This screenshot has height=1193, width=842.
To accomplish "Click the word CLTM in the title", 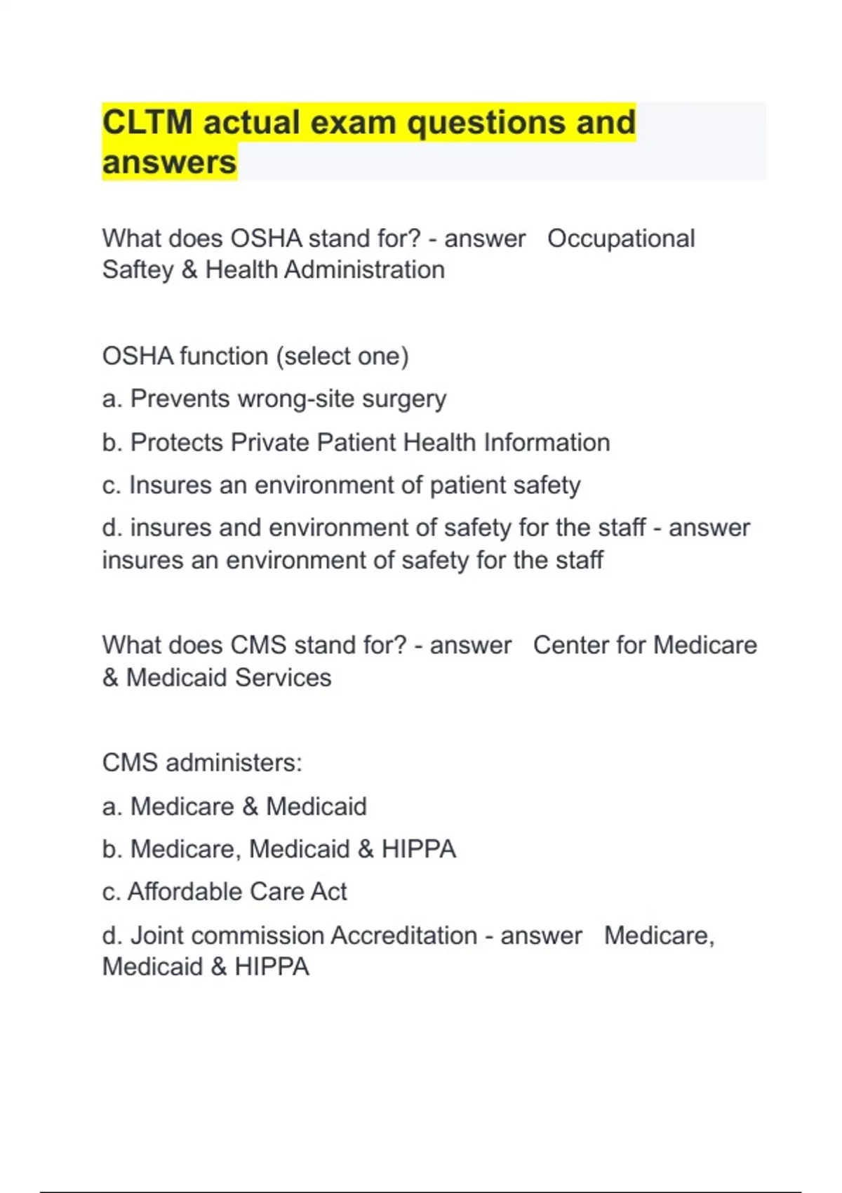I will click(x=147, y=123).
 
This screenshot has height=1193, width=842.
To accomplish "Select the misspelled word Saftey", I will click(x=138, y=270).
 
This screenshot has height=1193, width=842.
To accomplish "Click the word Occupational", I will click(x=621, y=239).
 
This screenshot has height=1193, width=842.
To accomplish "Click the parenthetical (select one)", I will click(x=342, y=356).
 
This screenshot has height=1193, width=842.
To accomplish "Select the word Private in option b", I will click(x=269, y=443).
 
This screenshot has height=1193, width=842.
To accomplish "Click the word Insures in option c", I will click(x=171, y=486).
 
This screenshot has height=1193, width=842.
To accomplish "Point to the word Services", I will click(x=283, y=678).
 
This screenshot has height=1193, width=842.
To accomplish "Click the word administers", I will click(x=234, y=763).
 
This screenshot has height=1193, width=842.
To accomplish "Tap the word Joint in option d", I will click(x=156, y=936).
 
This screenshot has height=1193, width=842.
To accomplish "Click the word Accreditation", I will click(x=403, y=936).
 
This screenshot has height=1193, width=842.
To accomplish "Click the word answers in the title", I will click(x=169, y=163).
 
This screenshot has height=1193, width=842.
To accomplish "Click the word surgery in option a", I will click(x=404, y=399).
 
